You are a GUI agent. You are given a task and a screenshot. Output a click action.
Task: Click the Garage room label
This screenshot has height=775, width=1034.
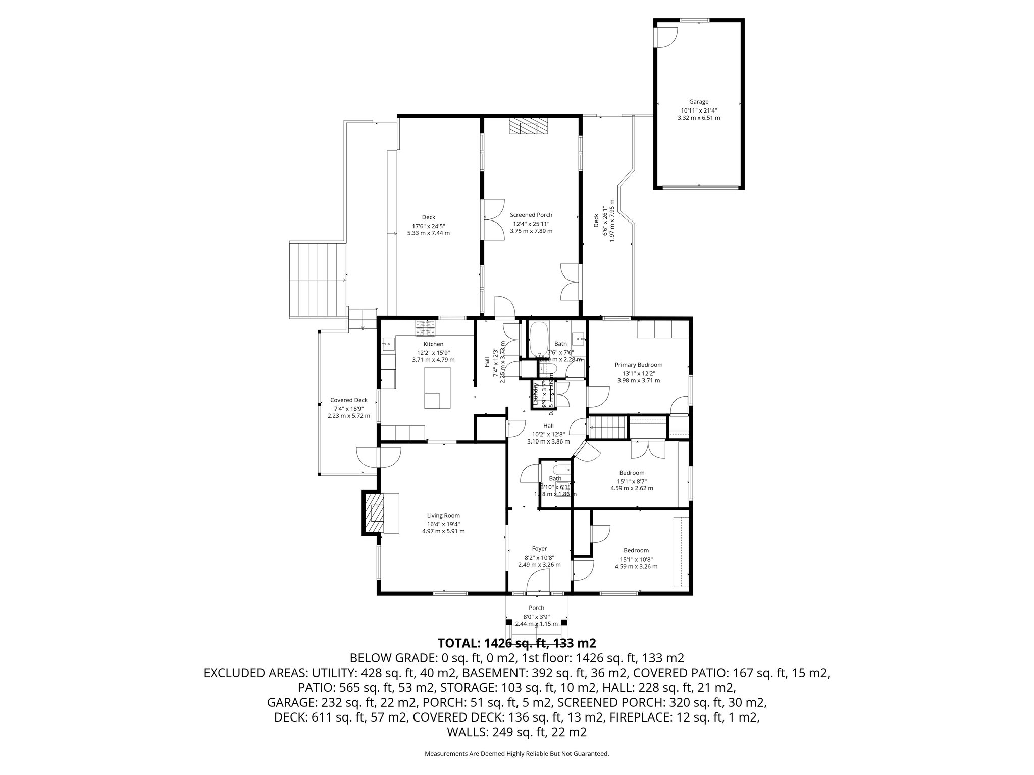click(699, 102)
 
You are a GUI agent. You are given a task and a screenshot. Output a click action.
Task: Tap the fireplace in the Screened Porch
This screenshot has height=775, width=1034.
click(528, 126)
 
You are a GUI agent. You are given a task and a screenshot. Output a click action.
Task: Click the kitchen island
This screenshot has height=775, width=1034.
click(437, 387)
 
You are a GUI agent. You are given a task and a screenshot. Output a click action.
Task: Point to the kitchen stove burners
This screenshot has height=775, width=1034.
click(425, 328)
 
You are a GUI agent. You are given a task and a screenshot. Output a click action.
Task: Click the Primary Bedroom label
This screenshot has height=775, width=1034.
click(638, 365)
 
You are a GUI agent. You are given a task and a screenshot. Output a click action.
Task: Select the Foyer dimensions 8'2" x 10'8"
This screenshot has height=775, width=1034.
click(539, 558)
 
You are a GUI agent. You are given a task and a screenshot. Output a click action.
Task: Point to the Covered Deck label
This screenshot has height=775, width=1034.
click(348, 400)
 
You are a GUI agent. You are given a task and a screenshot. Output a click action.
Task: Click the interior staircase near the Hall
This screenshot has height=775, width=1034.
click(608, 428)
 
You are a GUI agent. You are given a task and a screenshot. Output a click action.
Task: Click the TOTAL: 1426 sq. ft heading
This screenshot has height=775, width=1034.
click(517, 643)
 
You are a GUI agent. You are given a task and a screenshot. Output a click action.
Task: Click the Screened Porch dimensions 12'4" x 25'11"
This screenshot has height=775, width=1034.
click(531, 224)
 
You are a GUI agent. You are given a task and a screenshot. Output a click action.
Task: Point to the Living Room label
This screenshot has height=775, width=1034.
click(443, 516)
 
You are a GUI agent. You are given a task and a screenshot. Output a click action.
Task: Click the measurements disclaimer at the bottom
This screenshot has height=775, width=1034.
click(517, 754)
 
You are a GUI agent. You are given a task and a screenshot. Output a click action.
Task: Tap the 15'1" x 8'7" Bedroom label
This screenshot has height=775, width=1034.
click(632, 473)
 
